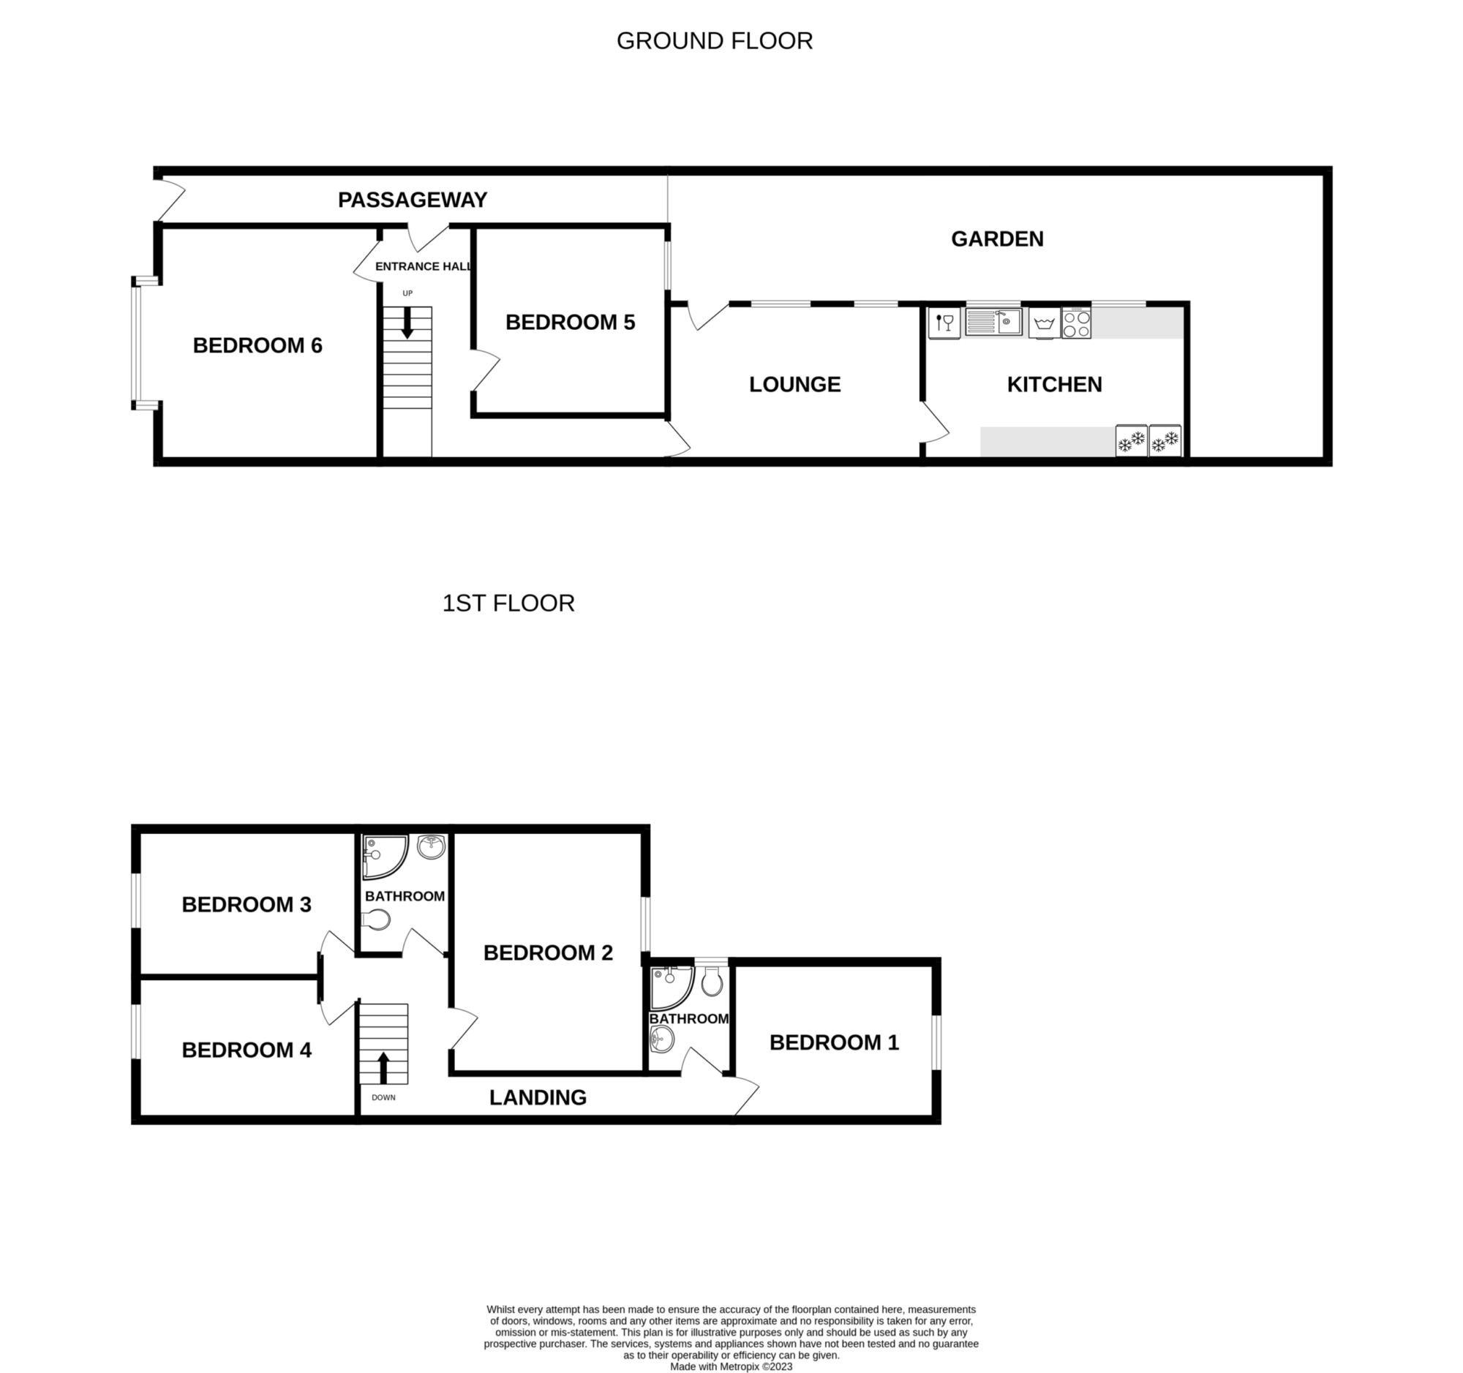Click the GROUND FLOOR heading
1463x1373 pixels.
coord(715,41)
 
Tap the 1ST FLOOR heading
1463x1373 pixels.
coord(508,603)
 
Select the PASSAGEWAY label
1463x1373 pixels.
coord(412,200)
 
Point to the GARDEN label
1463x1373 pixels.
coord(997,239)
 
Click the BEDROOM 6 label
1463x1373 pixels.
coord(257,346)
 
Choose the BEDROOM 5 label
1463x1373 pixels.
coord(571,323)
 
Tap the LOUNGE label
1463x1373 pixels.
coord(795,385)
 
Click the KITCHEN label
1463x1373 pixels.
coord(1055,385)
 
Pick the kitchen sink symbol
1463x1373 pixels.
coord(993,322)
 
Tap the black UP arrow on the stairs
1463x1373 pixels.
coord(407,323)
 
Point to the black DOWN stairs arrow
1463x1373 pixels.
coord(383,1068)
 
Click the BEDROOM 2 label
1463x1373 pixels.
coord(548,953)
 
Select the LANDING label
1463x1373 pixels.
coord(538,1098)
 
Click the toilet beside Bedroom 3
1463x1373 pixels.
coord(376,919)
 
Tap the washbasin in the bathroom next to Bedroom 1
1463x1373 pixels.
coord(662,1040)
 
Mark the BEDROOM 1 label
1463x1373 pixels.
coord(835,1042)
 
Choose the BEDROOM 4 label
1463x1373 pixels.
coord(247,1050)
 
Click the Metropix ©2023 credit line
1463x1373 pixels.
coord(731,1366)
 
